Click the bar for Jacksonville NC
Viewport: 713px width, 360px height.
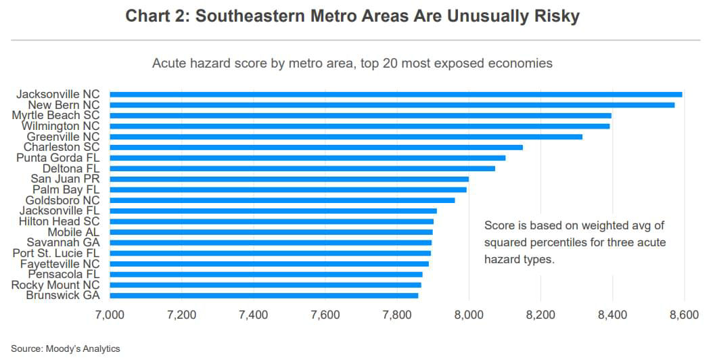point(396,94)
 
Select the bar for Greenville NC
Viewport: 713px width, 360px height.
point(346,137)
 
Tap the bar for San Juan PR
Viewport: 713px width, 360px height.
point(289,179)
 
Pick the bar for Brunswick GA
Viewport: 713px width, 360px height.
point(264,296)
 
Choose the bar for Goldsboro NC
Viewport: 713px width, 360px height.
point(282,200)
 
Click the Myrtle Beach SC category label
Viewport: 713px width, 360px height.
point(55,116)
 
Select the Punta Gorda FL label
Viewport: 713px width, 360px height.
point(57,158)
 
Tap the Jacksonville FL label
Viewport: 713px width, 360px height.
point(59,210)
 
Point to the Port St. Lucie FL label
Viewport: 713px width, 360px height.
point(56,253)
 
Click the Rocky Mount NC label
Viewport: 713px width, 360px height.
point(55,285)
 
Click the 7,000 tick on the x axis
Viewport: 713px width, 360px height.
point(110,315)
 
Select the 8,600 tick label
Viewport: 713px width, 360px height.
point(683,315)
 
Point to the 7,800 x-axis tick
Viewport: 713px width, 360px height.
point(396,315)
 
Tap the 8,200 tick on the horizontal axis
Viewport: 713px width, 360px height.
point(540,315)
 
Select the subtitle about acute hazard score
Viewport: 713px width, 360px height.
point(352,64)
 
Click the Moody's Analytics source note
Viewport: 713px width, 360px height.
point(65,348)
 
